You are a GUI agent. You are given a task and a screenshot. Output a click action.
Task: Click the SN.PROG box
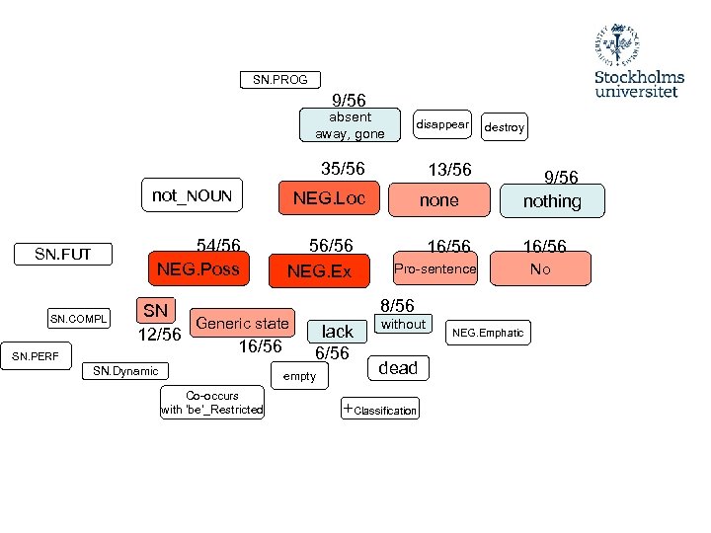tap(279, 80)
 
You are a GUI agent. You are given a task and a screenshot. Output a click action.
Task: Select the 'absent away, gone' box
tap(350, 125)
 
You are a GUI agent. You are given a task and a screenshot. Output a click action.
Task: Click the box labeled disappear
tap(441, 125)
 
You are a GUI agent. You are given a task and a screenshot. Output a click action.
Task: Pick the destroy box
tap(504, 127)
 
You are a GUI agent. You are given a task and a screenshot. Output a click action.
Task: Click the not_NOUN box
tap(192, 195)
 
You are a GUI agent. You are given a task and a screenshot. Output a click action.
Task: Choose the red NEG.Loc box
tap(329, 198)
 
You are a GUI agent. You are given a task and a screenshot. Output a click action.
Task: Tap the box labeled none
tap(439, 199)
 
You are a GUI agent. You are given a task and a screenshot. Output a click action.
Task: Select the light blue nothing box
tap(552, 201)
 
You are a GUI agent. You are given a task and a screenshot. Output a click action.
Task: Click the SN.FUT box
tap(62, 255)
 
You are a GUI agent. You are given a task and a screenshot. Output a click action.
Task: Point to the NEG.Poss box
tap(197, 268)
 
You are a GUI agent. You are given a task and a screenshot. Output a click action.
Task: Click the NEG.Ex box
tap(319, 270)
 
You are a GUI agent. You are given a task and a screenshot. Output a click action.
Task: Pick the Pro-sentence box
tap(434, 268)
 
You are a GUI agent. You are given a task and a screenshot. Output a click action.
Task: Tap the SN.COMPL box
tap(79, 319)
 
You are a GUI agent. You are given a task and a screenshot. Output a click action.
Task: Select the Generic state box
tap(243, 323)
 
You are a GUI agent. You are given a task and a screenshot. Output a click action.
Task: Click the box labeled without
tap(403, 324)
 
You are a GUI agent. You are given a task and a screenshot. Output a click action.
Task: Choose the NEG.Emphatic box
tap(488, 333)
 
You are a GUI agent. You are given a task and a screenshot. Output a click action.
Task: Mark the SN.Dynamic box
tap(125, 371)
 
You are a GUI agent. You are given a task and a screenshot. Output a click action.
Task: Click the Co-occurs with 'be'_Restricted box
tap(212, 403)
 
